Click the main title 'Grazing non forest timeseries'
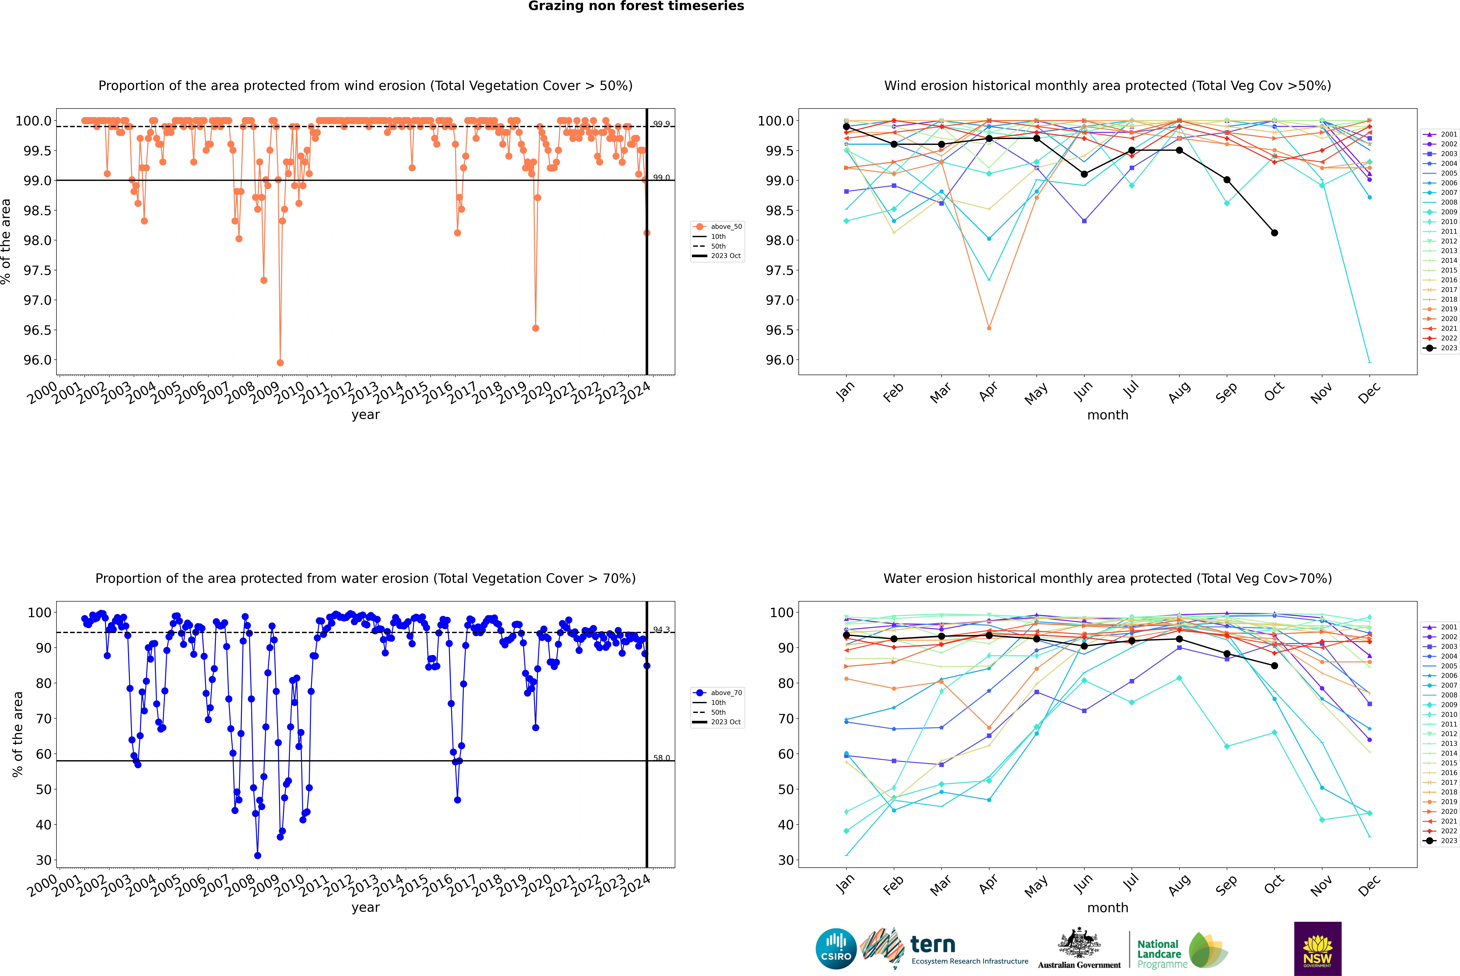click(x=636, y=6)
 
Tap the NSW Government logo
click(x=1317, y=948)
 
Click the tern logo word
click(x=932, y=944)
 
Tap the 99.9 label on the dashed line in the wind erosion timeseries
click(x=661, y=124)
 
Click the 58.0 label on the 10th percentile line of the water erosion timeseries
click(x=661, y=758)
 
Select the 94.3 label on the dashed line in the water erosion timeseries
click(x=661, y=630)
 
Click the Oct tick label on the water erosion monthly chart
click(x=1274, y=884)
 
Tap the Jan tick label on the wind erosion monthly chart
click(x=845, y=391)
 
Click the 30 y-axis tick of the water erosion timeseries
click(x=44, y=860)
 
